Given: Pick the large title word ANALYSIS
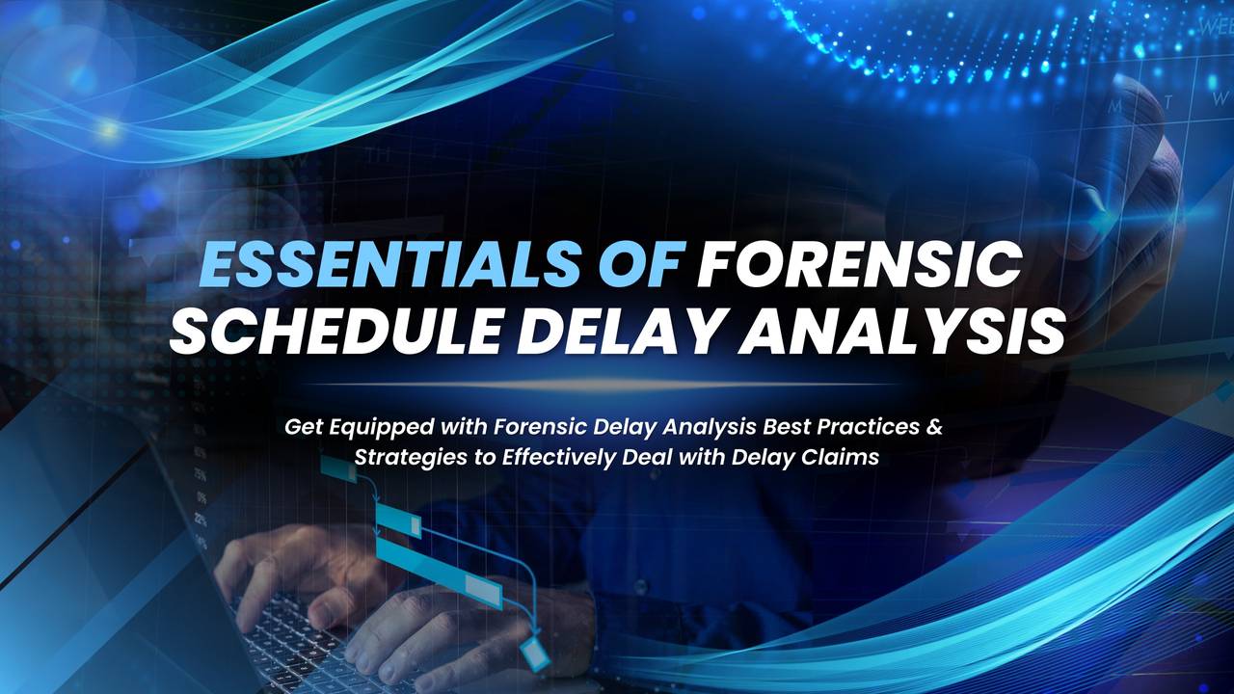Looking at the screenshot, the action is pyautogui.click(x=900, y=329).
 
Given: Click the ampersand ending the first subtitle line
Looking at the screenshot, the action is pyautogui.click(x=934, y=427).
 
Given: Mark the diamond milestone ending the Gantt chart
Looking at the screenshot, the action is pyautogui.click(x=534, y=654).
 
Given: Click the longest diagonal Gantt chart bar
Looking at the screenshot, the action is pyautogui.click(x=439, y=573).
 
